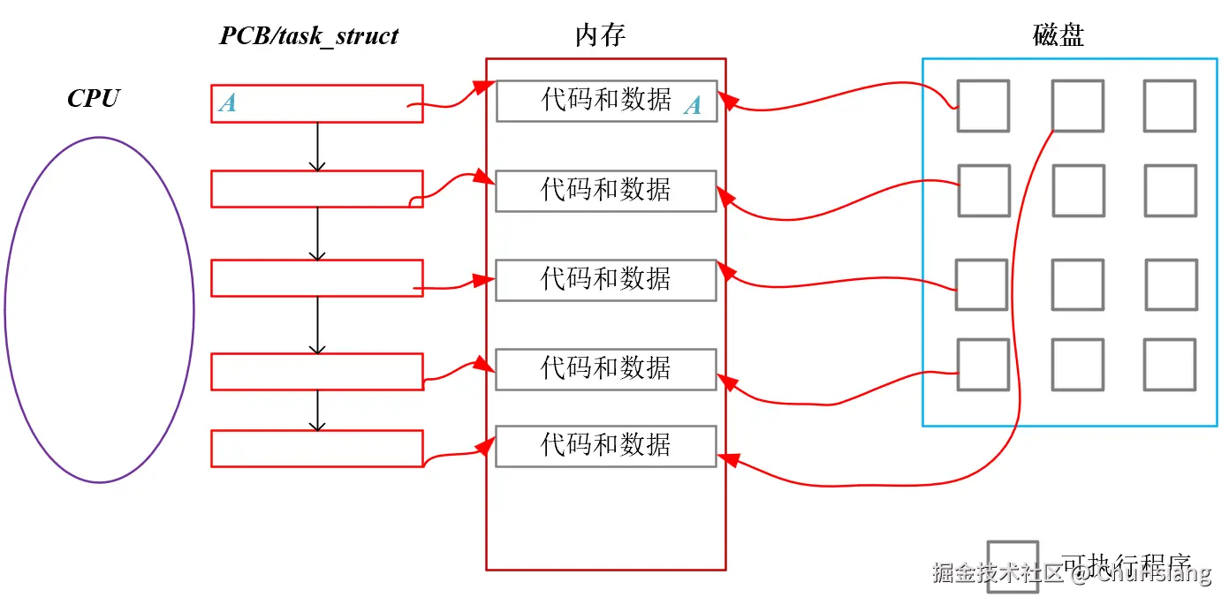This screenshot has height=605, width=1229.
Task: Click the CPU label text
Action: click(x=94, y=98)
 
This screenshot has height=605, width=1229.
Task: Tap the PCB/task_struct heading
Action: click(x=308, y=36)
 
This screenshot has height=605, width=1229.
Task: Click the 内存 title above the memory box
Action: click(x=600, y=35)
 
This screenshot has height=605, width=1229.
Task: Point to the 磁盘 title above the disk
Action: click(x=1058, y=35)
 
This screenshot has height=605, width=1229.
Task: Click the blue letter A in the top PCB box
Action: click(x=227, y=103)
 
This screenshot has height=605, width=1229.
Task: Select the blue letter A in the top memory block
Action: click(x=693, y=106)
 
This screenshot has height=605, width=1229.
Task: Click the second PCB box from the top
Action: click(x=316, y=189)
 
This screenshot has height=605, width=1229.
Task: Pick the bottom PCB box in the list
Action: click(x=316, y=448)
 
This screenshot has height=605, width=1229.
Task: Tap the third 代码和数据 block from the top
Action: click(x=605, y=279)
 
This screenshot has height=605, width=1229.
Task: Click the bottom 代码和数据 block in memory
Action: click(x=605, y=445)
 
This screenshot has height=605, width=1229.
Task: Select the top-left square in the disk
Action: click(x=982, y=106)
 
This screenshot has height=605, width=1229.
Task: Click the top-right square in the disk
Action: click(x=1169, y=106)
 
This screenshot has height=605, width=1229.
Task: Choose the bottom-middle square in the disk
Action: click(x=1077, y=364)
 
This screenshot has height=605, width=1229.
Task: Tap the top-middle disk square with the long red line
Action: click(x=1077, y=106)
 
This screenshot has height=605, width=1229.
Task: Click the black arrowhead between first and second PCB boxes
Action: click(x=317, y=165)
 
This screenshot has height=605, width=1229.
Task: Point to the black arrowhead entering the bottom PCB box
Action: click(x=317, y=425)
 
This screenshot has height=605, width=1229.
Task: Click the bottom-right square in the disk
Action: click(x=1169, y=364)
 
